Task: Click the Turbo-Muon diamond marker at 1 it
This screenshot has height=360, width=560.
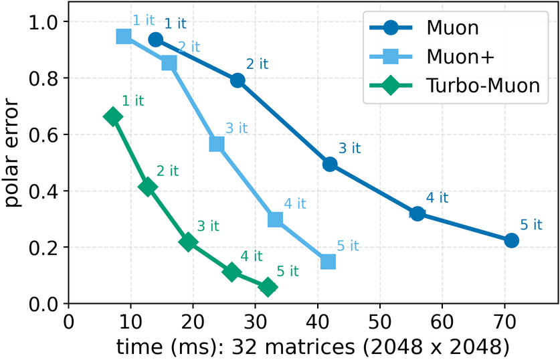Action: (x=113, y=116)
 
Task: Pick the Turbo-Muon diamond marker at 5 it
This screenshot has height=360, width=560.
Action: (x=268, y=287)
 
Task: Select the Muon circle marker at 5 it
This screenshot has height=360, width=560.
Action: (x=511, y=240)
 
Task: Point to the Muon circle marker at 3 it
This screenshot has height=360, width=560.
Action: (x=330, y=164)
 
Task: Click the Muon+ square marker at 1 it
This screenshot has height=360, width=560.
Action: (x=124, y=36)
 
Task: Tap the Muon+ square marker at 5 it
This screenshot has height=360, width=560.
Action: (x=328, y=262)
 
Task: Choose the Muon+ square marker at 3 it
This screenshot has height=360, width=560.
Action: (x=217, y=144)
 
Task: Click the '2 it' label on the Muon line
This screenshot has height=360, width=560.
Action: (x=257, y=64)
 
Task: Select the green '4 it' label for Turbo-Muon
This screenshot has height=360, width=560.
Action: (x=252, y=256)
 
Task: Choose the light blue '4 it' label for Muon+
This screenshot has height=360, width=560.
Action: (x=295, y=203)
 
